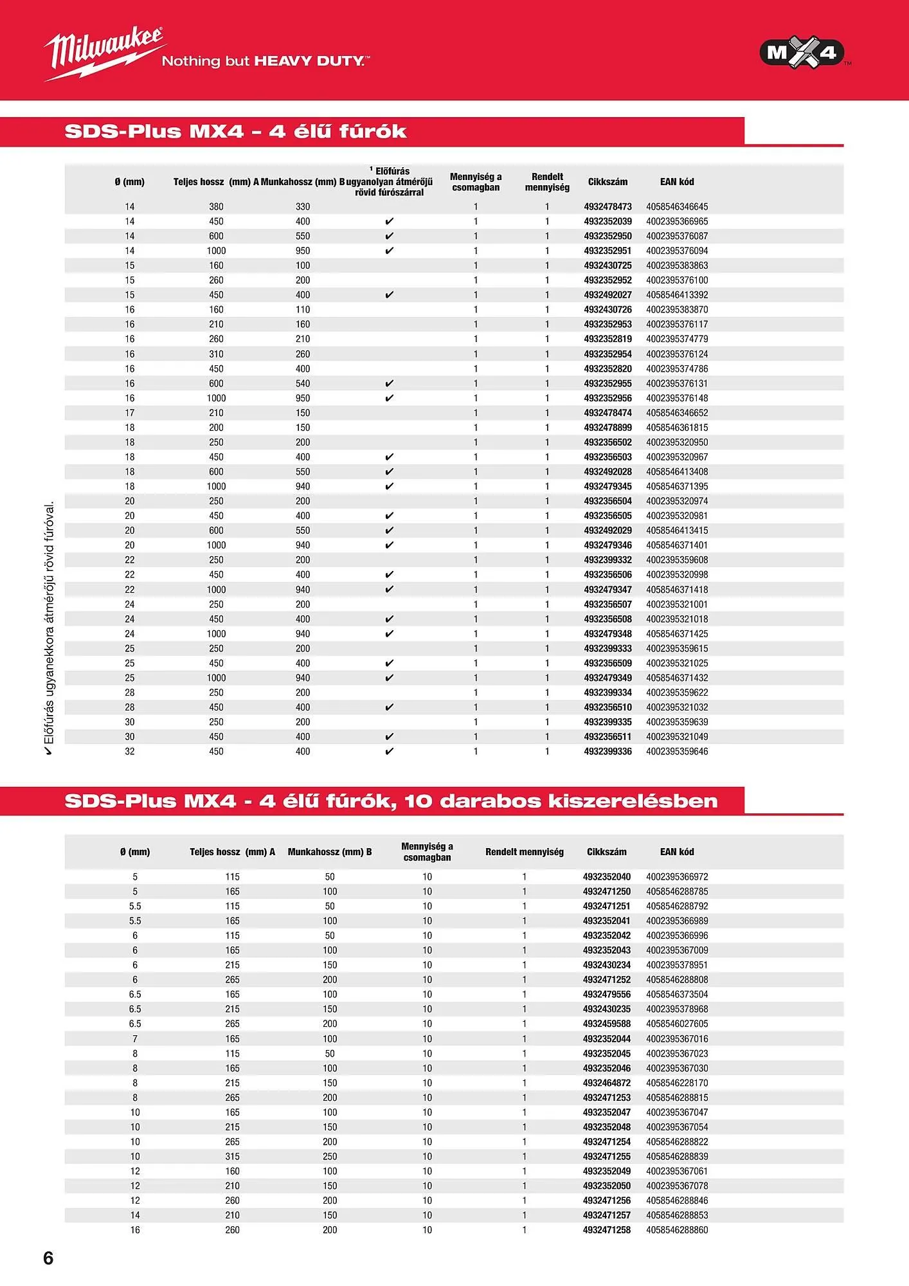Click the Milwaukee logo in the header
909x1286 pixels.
pos(103,51)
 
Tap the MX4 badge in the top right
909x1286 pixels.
pos(802,52)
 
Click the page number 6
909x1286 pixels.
pos(48,1258)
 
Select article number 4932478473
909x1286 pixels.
pos(607,206)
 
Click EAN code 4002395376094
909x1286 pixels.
pos(677,251)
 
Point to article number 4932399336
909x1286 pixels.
pos(607,751)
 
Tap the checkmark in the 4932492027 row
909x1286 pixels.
pos(389,295)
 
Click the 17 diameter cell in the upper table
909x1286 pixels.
pos(130,413)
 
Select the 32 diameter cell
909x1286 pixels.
pos(130,751)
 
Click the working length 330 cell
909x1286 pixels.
pos(303,206)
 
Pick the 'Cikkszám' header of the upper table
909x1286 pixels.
pos(607,182)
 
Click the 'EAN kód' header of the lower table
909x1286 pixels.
pos(677,851)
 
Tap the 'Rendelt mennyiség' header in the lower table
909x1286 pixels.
pos(524,851)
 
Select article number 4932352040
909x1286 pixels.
pos(607,876)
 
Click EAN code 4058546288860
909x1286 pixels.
pos(677,1229)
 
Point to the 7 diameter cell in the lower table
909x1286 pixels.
pos(135,1038)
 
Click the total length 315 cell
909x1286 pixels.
pos(232,1156)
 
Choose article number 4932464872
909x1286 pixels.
pos(607,1083)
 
